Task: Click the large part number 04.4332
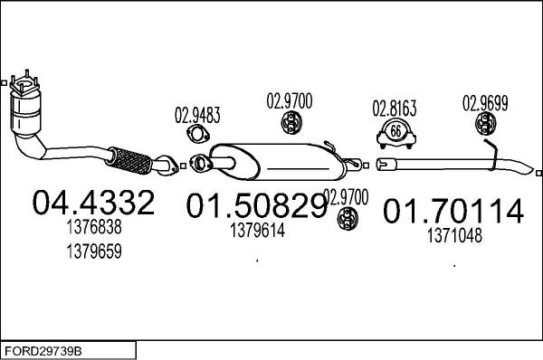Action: pos(93,202)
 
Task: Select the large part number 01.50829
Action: pos(256,207)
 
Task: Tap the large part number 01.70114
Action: pos(453,212)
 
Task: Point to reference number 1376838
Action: pos(93,231)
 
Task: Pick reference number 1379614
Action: pos(257,231)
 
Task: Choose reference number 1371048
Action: pos(454,236)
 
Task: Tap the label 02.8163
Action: pos(395,109)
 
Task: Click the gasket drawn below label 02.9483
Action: pos(196,137)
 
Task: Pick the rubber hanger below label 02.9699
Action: pos(490,125)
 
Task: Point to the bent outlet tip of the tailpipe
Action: pos(524,170)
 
